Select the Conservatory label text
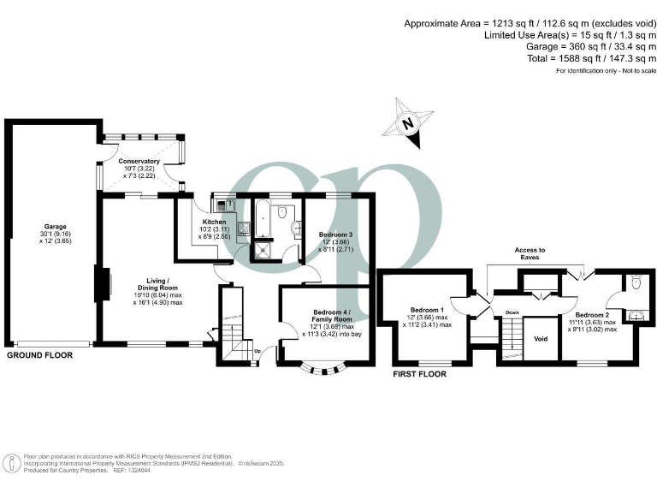click(x=139, y=161)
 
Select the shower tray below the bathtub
click(x=258, y=250)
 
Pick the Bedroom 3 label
click(x=335, y=235)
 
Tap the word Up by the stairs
click(x=257, y=350)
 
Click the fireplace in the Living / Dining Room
click(x=101, y=285)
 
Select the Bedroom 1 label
click(x=426, y=310)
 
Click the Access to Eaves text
click(x=530, y=254)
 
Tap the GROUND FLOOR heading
click(x=42, y=353)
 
